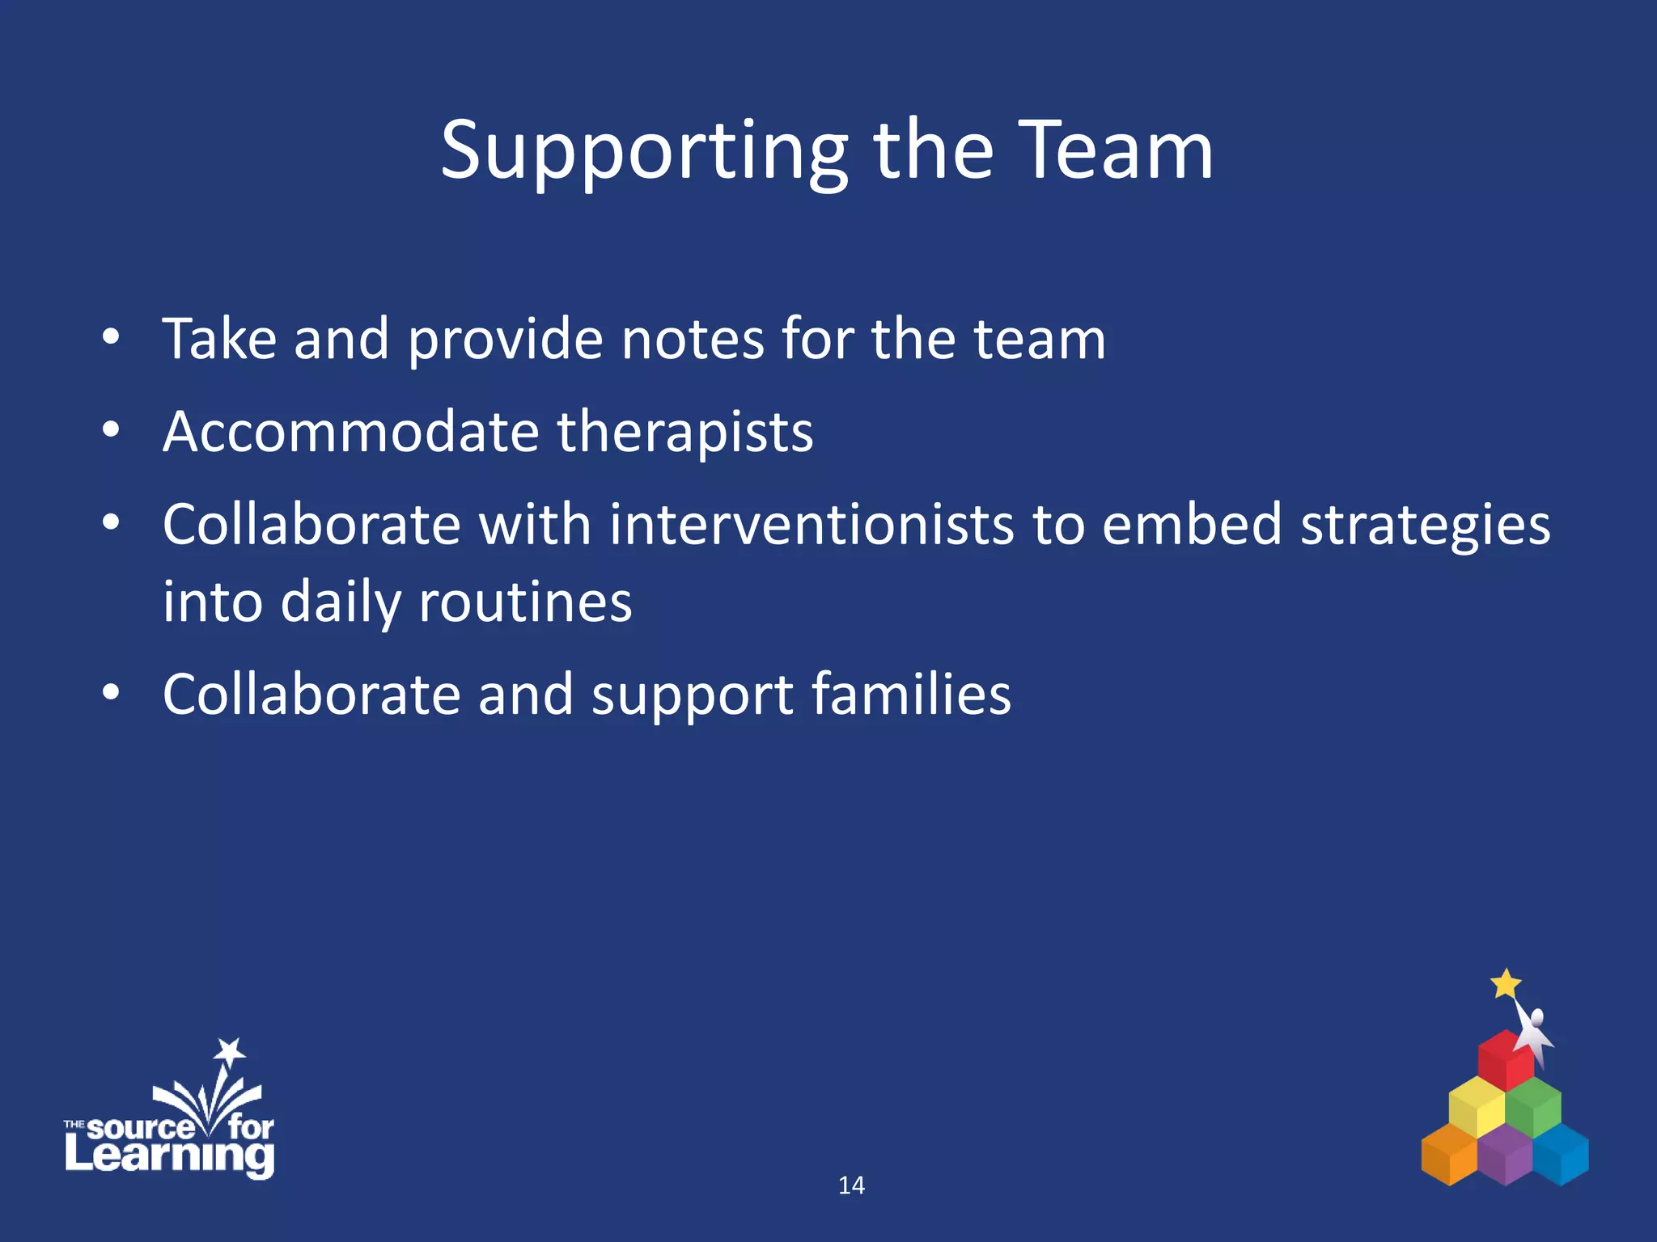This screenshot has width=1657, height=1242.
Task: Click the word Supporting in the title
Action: (643, 152)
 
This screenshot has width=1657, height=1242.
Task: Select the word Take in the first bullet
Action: (219, 339)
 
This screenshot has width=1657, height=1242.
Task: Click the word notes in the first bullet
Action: (692, 339)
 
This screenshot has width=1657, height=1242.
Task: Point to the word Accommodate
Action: (350, 432)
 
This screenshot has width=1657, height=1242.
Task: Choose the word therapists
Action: (684, 433)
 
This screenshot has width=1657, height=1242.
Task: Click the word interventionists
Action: (811, 525)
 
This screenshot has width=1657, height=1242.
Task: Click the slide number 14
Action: (851, 1185)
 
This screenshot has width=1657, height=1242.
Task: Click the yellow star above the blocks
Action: (1506, 984)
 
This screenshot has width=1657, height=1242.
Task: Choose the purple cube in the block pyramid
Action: (1505, 1154)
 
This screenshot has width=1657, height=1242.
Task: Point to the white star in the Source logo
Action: (230, 1050)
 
